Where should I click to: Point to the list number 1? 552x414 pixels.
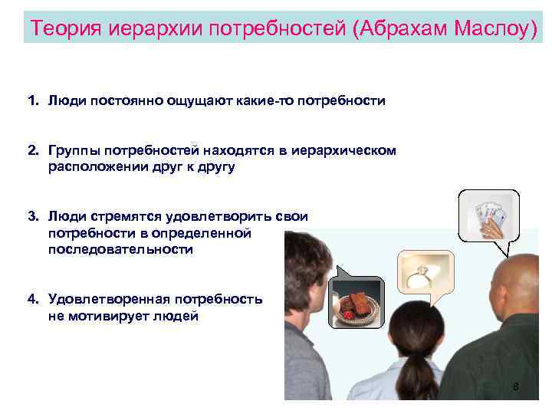(x=32, y=100)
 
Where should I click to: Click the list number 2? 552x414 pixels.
(x=32, y=151)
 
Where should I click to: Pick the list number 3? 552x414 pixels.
(x=32, y=217)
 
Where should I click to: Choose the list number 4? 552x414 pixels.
(x=32, y=299)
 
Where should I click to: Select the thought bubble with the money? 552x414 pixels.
(x=488, y=216)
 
